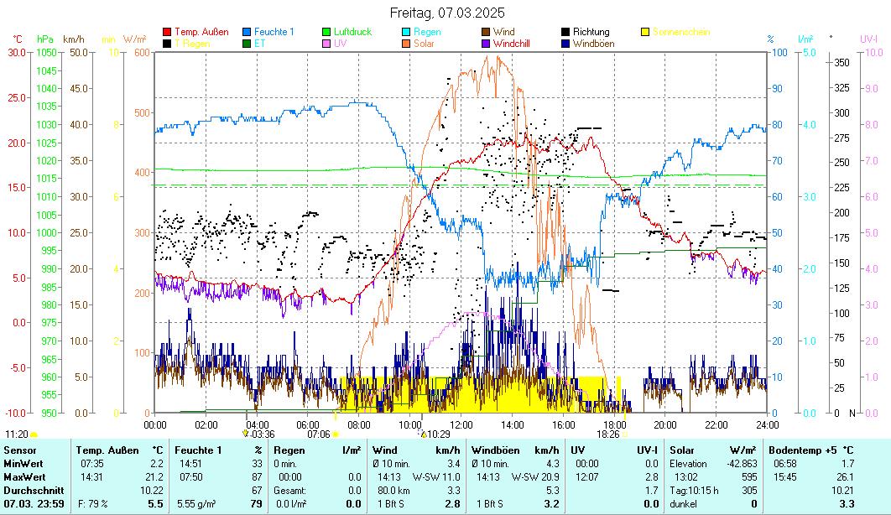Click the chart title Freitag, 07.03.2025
[x=446, y=13]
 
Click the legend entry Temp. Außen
[x=201, y=32]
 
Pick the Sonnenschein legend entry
[x=681, y=32]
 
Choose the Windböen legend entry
[x=593, y=43]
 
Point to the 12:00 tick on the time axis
[x=461, y=424]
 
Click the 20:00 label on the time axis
[x=664, y=424]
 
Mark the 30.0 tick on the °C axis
[x=18, y=52]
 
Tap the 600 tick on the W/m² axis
[x=140, y=52]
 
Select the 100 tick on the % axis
[x=779, y=52]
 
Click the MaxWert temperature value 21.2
[x=154, y=477]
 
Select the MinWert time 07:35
[x=91, y=464]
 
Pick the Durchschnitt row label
[x=28, y=490]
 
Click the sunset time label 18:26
[x=607, y=434]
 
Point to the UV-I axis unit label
[x=868, y=39]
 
